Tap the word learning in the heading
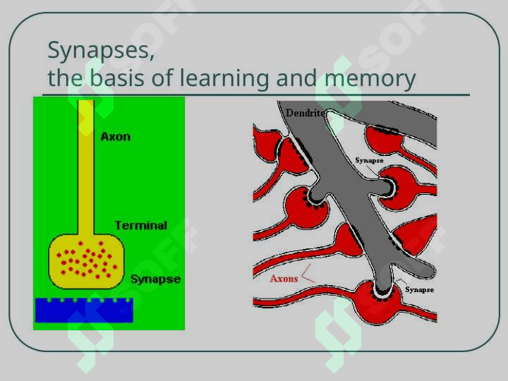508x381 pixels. [224, 79]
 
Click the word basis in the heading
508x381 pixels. [116, 78]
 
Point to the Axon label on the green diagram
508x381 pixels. [116, 137]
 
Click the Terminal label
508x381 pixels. [141, 226]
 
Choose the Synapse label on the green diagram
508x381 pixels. [155, 279]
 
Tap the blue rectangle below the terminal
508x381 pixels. [84, 310]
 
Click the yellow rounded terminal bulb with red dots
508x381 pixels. [86, 261]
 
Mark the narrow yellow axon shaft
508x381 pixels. [86, 167]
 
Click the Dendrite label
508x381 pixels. [305, 113]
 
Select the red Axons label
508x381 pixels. [284, 279]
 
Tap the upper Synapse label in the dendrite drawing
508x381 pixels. [369, 160]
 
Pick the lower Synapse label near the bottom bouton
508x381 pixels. [419, 290]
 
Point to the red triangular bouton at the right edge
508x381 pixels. [417, 234]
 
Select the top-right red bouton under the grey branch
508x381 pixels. [384, 140]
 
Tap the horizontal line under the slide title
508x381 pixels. [256, 95]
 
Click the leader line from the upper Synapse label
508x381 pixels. [373, 171]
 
